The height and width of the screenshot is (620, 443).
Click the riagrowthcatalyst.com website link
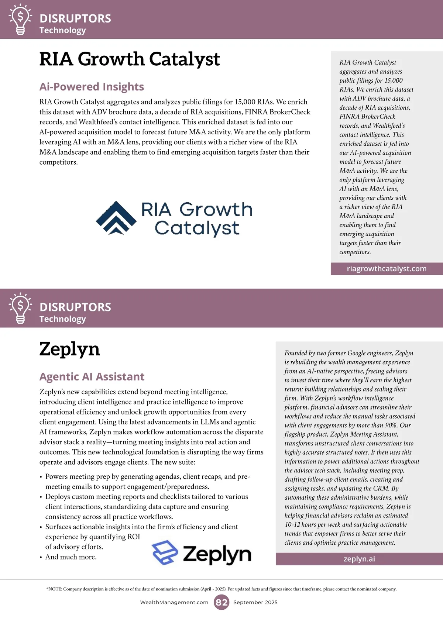point(387,269)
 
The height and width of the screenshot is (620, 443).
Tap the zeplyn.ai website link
point(359,559)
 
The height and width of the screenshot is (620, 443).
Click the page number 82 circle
point(221,602)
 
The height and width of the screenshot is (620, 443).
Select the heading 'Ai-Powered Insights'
point(92,87)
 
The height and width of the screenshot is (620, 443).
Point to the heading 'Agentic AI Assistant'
point(92,376)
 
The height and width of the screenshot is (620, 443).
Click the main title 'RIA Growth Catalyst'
point(129,59)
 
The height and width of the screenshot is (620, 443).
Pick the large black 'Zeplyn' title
point(69,349)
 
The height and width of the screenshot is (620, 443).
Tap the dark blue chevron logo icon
point(116,218)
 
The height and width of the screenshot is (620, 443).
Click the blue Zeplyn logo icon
point(165,552)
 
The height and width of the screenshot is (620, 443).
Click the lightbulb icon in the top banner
point(20,19)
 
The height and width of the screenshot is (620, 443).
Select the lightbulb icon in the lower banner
point(20,308)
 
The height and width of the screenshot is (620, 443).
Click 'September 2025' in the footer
point(255,602)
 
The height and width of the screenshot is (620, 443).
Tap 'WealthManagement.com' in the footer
point(174,602)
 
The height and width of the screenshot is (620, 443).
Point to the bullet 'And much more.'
point(71,557)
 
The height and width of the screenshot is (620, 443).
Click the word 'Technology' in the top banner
point(63,30)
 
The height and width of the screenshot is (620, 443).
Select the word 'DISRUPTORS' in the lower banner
point(75,307)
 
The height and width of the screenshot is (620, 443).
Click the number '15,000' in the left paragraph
point(245,102)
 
